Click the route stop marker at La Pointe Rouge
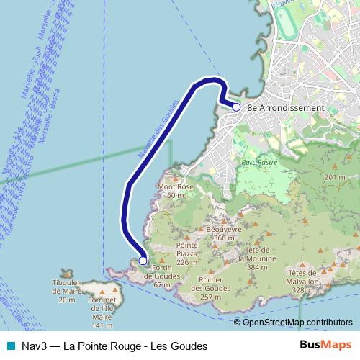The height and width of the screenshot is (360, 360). coord(236,107)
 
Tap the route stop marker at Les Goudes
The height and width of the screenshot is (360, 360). coord(143,261)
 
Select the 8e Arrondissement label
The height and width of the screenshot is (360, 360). coord(286,108)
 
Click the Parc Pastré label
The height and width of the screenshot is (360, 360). coord(259,163)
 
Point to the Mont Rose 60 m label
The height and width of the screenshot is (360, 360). coord(176,191)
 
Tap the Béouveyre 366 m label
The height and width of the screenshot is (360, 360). coord(220,233)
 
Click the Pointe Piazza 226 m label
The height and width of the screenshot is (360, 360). coord(187,253)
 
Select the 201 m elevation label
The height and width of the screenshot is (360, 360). coord(336,177)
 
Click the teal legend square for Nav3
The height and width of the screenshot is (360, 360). coord(9,346)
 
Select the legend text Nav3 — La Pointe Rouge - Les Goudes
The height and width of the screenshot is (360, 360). coord(114,346)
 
